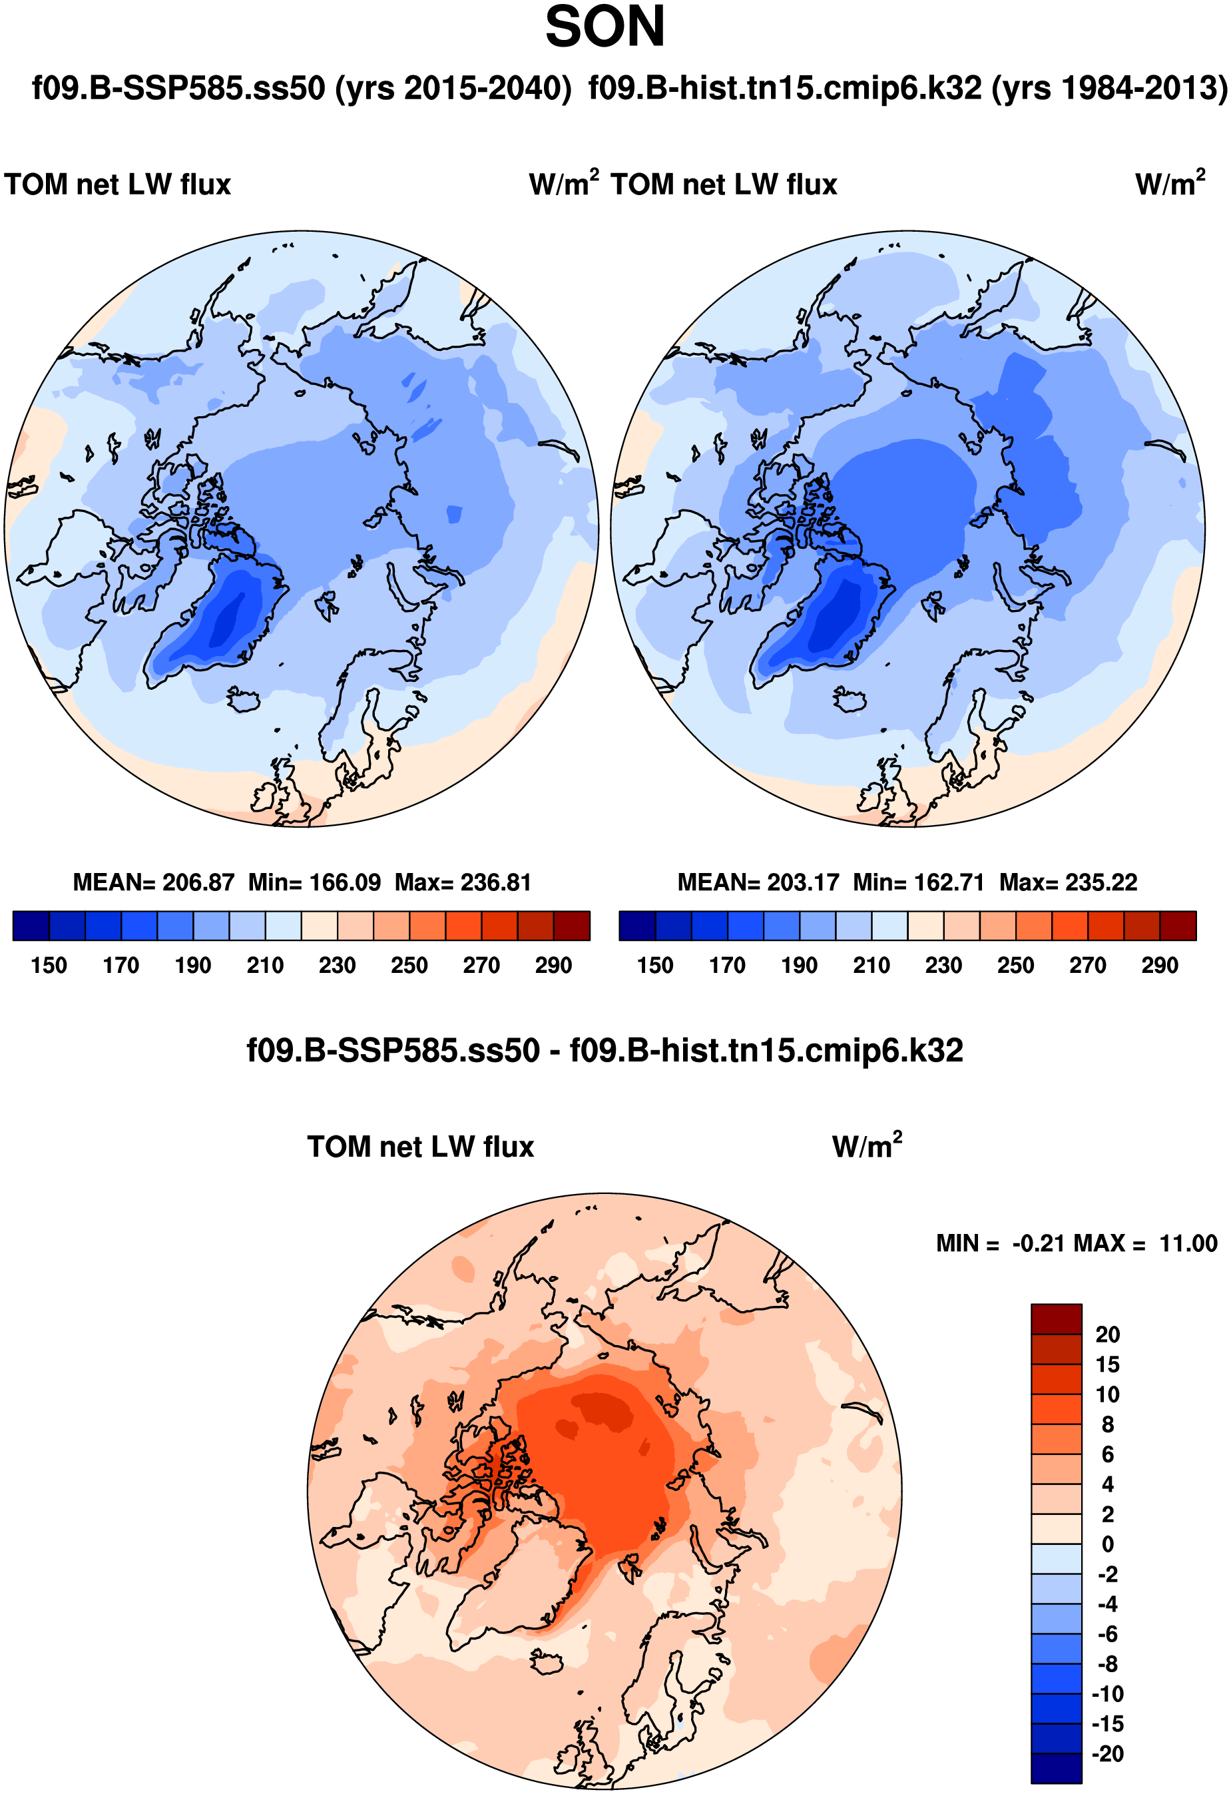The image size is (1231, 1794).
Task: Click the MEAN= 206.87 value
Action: tap(153, 882)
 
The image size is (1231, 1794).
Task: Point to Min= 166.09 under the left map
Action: tap(314, 882)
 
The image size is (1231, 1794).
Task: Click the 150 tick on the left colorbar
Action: tap(49, 966)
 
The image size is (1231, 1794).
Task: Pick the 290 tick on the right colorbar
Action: tap(1159, 966)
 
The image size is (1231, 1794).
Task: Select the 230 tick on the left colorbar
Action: tap(338, 966)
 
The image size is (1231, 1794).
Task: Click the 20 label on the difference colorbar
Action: tap(1108, 1335)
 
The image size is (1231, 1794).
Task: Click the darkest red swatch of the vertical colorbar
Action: tap(1056, 1319)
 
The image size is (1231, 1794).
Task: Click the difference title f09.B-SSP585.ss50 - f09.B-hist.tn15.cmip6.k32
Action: tap(605, 1051)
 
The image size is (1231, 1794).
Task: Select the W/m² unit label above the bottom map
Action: tap(867, 1146)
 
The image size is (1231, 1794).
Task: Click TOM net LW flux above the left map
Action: tap(117, 185)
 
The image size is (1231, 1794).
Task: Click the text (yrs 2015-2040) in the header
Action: tap(453, 89)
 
